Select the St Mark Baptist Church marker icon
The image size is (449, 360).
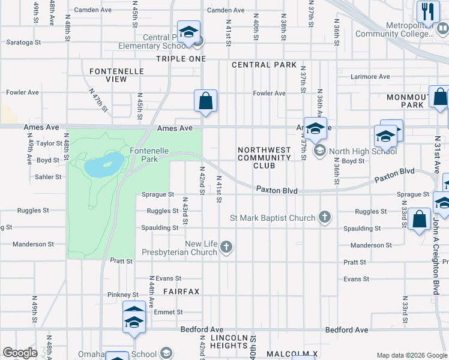pos(325,217)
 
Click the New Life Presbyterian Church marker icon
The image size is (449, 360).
pos(226,247)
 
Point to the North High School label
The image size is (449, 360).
pos(355,151)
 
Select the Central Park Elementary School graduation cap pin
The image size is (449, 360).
pos(188,32)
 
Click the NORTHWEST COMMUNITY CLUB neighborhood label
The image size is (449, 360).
pos(264,158)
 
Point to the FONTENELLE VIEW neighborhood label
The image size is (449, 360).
pos(116,75)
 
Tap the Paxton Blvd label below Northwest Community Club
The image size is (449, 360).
pos(277,190)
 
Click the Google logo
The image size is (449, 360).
pos(20,353)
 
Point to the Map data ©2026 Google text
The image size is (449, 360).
pos(411,355)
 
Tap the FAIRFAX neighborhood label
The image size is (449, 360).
pos(181,291)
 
